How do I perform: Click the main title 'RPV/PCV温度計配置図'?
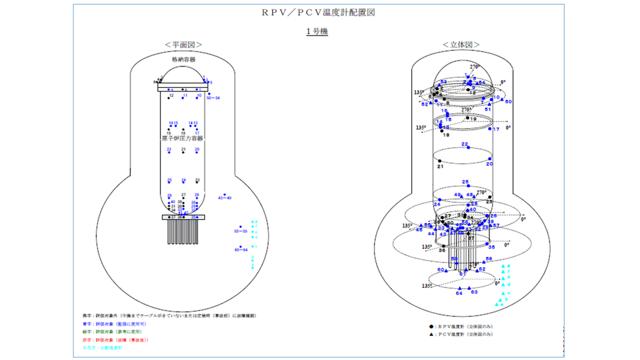318,13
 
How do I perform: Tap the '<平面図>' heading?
183,45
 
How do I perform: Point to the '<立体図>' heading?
461,45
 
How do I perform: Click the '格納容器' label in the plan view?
183,59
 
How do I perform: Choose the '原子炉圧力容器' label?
183,138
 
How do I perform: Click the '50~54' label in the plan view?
213,98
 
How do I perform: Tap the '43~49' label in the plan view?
225,198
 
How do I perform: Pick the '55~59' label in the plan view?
241,231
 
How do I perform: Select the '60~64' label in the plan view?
241,250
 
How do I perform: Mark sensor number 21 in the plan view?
183,149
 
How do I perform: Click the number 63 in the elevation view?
474,292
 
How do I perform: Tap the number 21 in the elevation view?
441,167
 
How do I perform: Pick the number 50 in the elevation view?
508,101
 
